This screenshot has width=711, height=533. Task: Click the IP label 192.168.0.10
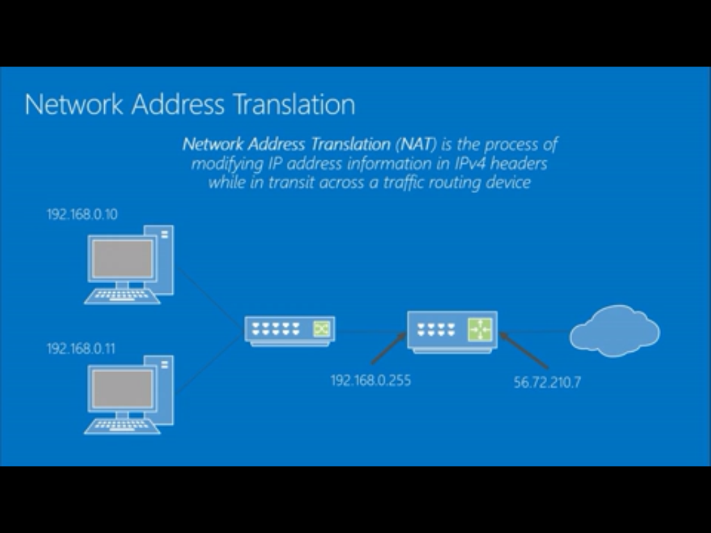[82, 214]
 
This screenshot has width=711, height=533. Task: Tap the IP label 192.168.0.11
[81, 348]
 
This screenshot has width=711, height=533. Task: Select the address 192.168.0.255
[370, 380]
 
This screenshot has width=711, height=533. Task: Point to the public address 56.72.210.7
[547, 382]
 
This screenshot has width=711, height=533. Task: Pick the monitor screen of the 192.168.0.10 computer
[123, 257]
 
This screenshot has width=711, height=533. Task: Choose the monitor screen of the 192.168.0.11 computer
[123, 389]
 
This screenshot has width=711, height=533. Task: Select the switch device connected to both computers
[290, 330]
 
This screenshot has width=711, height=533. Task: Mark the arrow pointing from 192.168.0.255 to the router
[387, 348]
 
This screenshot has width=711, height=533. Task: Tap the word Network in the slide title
[74, 105]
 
